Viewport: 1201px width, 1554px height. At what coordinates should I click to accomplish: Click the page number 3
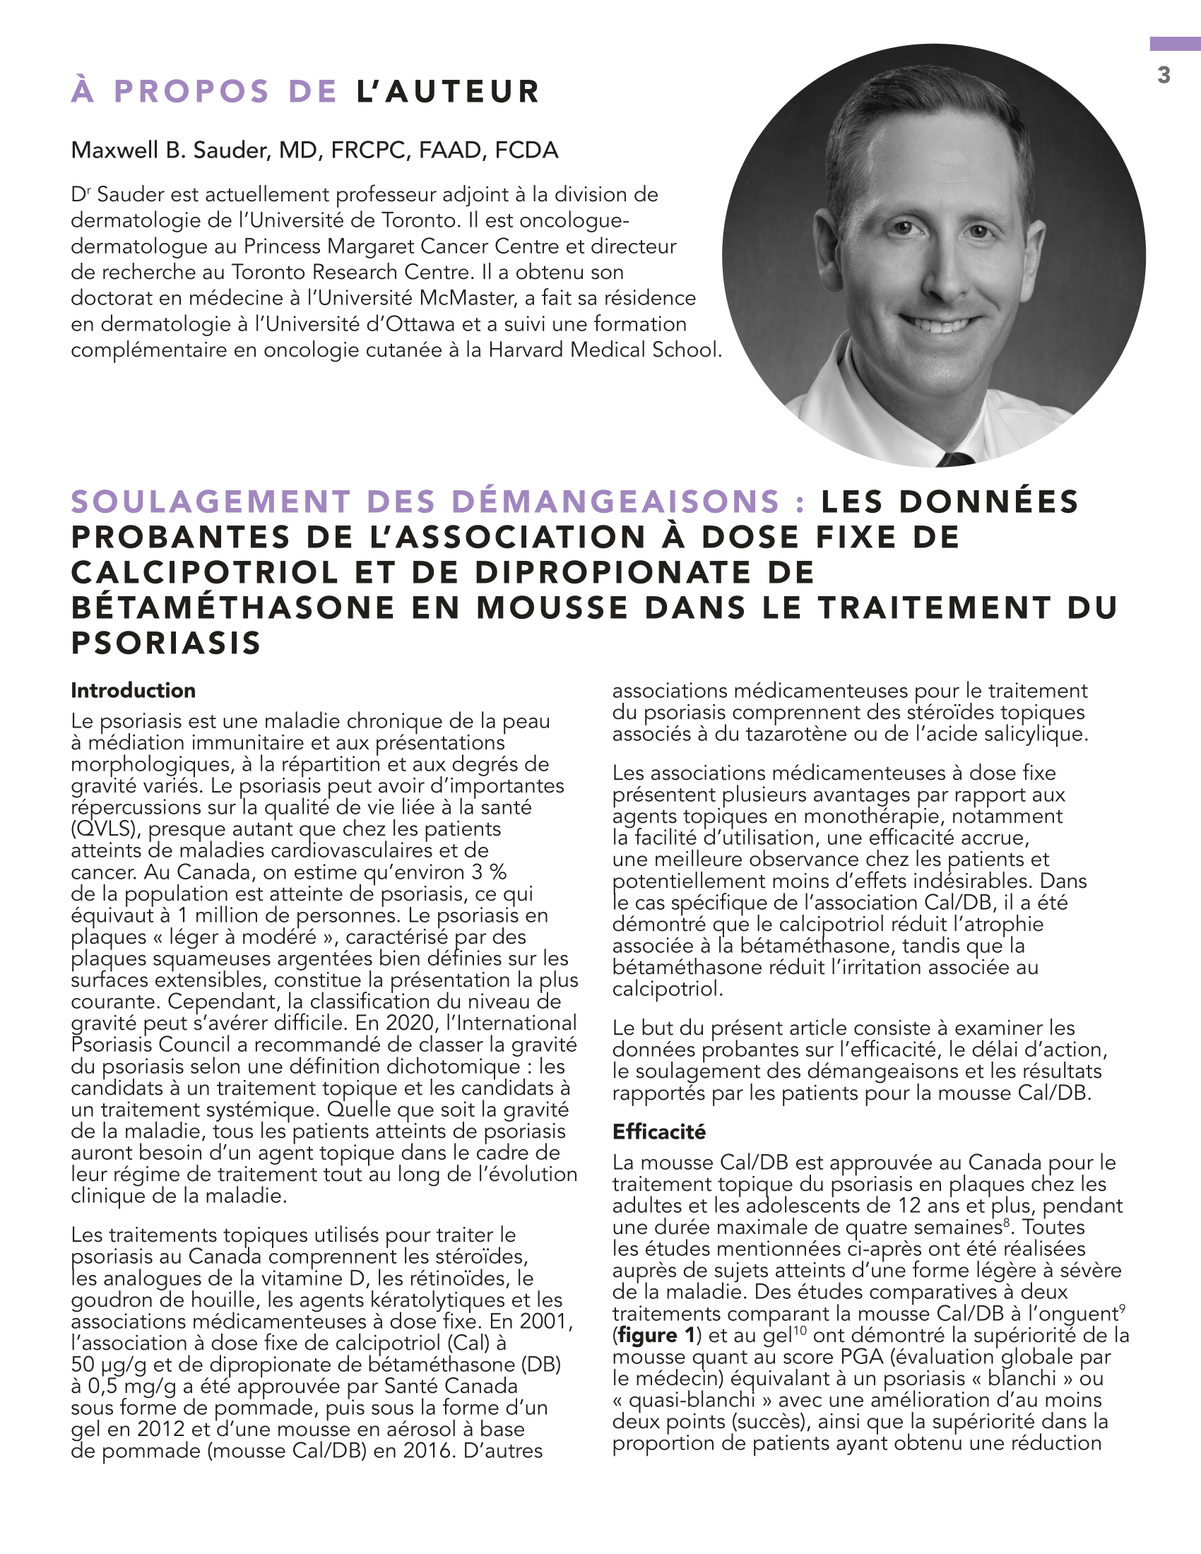1164,75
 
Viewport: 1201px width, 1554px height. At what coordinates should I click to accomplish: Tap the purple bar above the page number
1175,44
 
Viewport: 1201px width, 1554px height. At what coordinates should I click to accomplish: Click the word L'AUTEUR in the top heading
447,92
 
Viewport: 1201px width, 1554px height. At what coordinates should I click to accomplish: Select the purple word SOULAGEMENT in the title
211,502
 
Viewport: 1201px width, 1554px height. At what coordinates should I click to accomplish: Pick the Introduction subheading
133,690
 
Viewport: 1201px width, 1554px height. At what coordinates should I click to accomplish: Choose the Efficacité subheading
659,1132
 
